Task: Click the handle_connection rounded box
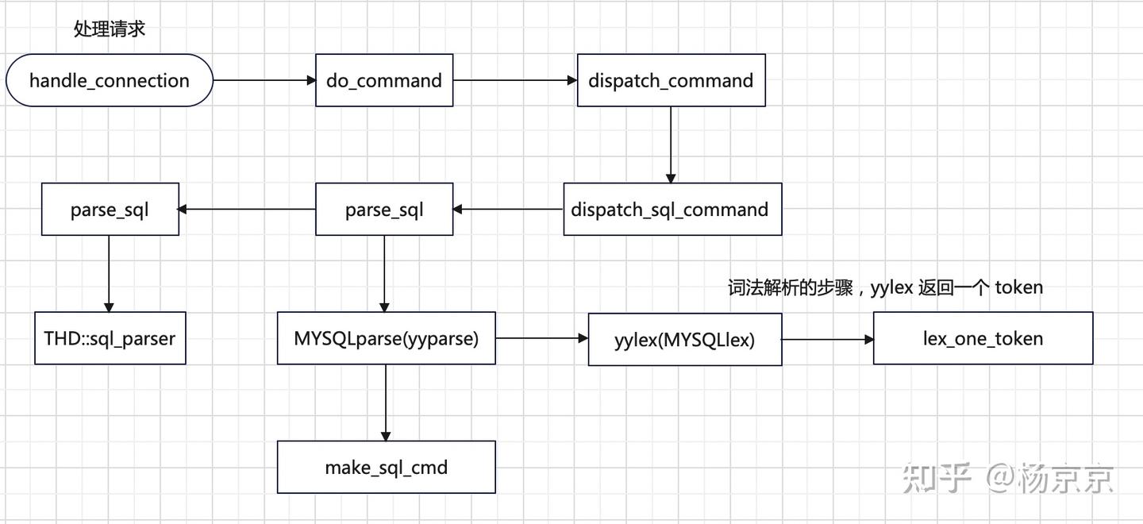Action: pyautogui.click(x=110, y=80)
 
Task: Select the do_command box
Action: pyautogui.click(x=384, y=80)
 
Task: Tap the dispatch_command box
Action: pyautogui.click(x=671, y=80)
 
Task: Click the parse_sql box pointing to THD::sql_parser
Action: pyautogui.click(x=110, y=210)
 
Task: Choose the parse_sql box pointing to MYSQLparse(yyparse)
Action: pyautogui.click(x=384, y=210)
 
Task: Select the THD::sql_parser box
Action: pyautogui.click(x=110, y=338)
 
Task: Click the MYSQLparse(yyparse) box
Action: pyautogui.click(x=386, y=338)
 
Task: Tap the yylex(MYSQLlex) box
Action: pyautogui.click(x=684, y=339)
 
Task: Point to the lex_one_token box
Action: pyautogui.click(x=983, y=338)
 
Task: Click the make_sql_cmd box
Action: pyautogui.click(x=386, y=467)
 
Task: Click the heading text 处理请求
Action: pyautogui.click(x=110, y=29)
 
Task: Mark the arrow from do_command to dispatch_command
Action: pyautogui.click(x=514, y=80)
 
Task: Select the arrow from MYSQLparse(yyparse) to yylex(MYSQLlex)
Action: pyautogui.click(x=541, y=339)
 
